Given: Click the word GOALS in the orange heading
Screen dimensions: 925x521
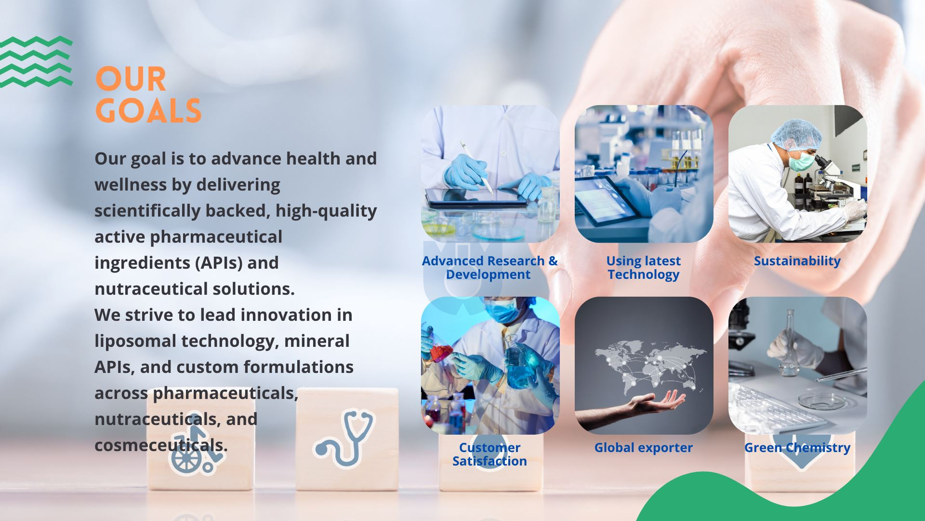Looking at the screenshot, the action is (148, 110).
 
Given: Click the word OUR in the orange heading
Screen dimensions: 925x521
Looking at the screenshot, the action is (131, 79).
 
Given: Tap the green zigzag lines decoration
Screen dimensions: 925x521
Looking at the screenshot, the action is (36, 62).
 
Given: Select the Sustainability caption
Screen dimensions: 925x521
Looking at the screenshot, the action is (797, 261).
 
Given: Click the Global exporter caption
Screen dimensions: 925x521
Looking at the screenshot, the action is (643, 448).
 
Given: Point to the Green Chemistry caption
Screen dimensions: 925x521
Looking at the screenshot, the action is (797, 448).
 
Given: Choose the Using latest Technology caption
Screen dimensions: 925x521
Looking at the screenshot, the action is (643, 268).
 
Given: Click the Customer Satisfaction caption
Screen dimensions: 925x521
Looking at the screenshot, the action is (489, 454).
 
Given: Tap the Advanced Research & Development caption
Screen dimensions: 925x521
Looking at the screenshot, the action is (489, 268).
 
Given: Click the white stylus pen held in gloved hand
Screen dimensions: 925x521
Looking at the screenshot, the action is (476, 166).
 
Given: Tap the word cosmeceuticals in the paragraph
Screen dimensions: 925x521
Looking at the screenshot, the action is (161, 445).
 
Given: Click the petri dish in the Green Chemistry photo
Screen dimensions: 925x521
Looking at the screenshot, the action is (817, 400).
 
